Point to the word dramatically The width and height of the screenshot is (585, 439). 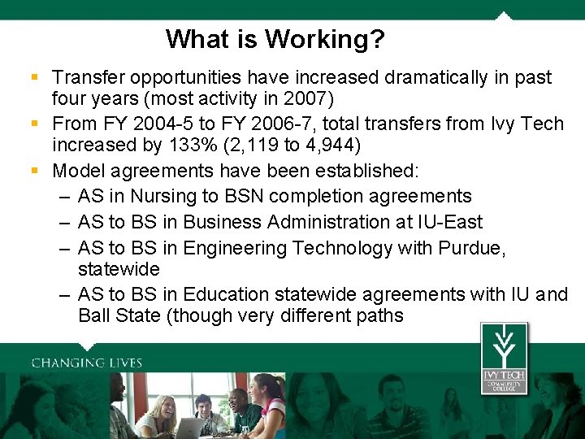(440, 78)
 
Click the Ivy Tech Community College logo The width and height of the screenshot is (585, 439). (503, 358)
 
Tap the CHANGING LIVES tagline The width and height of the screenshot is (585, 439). (87, 363)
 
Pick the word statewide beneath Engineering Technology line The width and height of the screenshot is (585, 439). (119, 268)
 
